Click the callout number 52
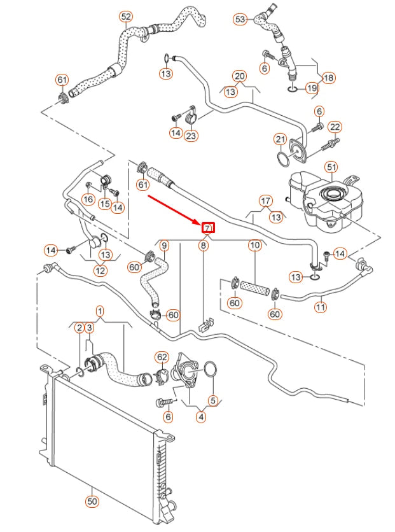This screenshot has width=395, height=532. [x=126, y=16]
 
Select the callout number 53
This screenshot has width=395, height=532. [x=240, y=20]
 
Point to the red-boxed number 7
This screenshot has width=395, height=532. [x=207, y=228]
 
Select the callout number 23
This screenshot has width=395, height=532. [x=191, y=135]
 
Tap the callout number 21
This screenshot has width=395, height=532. [x=281, y=139]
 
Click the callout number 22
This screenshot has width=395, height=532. [x=335, y=127]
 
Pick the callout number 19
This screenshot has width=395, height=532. [x=312, y=88]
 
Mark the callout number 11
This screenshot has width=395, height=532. [x=321, y=307]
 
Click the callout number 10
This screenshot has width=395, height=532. [x=254, y=245]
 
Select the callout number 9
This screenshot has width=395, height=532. [x=164, y=245]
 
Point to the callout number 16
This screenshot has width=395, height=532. [x=88, y=200]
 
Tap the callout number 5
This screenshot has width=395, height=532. [x=213, y=401]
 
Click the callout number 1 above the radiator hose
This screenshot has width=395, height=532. [x=100, y=311]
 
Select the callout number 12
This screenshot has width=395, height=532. [x=100, y=270]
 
